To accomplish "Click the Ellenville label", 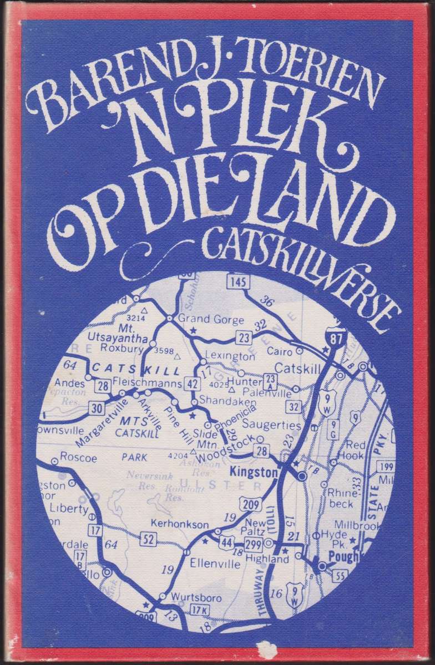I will point(215,564).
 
